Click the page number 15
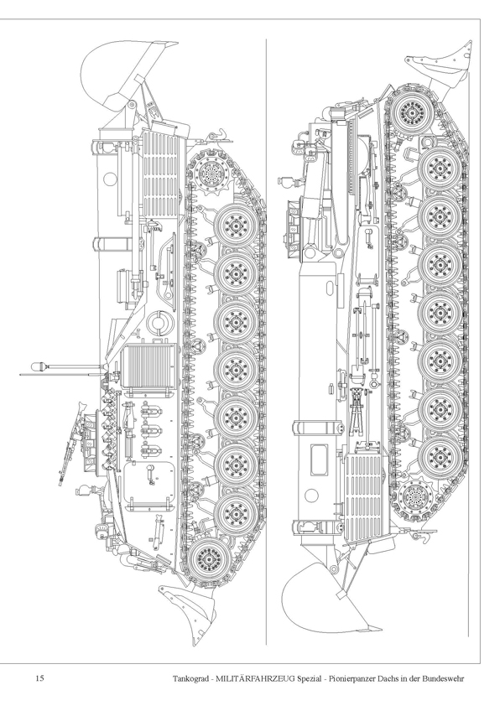click(x=39, y=678)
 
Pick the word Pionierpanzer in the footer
click(x=352, y=678)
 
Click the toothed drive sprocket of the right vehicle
click(x=415, y=498)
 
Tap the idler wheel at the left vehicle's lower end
click(x=207, y=558)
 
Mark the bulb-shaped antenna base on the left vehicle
click(x=39, y=366)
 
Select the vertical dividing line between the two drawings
click(x=266, y=341)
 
